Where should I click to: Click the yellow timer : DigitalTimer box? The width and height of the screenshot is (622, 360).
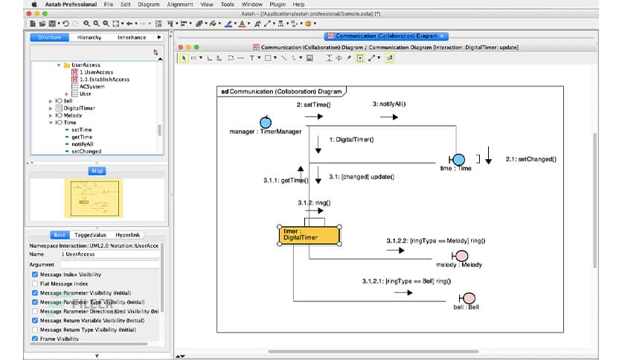tap(310, 236)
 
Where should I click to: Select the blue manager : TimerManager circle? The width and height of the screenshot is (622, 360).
tap(266, 122)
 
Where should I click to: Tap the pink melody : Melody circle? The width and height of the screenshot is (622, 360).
tap(461, 255)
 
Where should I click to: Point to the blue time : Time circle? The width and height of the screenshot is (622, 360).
tap(458, 159)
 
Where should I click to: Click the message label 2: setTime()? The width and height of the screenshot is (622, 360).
tap(313, 105)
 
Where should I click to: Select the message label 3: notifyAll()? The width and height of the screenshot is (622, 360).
tap(389, 105)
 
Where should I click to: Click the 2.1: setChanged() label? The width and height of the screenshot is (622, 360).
tap(530, 159)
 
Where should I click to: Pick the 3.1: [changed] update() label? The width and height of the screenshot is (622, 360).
tap(360, 177)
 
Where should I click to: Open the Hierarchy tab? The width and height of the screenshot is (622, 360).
tap(89, 37)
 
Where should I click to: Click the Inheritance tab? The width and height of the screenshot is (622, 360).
tap(132, 37)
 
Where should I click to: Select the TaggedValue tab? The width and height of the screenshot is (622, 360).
tap(94, 234)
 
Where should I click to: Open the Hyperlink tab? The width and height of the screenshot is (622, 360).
tap(129, 234)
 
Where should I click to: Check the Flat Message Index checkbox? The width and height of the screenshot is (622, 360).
tap(35, 283)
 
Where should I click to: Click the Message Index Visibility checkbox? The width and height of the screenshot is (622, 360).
tap(35, 274)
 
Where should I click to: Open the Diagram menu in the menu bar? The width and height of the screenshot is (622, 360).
tap(149, 4)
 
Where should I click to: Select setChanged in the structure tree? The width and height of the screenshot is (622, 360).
tap(86, 151)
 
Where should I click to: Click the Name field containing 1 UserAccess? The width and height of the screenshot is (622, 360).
tap(109, 254)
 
